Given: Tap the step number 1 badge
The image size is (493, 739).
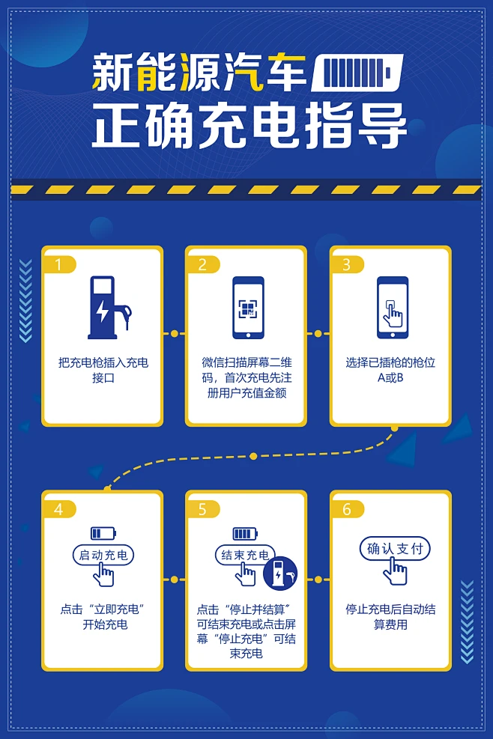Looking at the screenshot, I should [x=60, y=264].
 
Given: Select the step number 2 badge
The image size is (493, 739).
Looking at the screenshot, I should [x=203, y=264].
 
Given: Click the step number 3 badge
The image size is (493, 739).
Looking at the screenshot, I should [x=347, y=264].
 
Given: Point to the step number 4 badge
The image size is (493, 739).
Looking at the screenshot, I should [x=60, y=509].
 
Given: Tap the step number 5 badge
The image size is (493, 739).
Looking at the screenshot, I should [x=203, y=509].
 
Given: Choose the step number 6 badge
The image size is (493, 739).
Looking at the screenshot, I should [x=347, y=509].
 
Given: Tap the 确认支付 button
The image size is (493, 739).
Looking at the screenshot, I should [x=395, y=549].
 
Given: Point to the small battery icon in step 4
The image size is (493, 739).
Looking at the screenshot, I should [x=103, y=533].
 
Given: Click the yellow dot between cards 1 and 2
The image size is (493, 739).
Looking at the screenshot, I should [x=175, y=333].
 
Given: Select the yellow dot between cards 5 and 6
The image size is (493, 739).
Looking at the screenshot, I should [x=318, y=580].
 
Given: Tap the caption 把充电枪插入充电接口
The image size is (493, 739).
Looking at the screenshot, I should [x=103, y=370].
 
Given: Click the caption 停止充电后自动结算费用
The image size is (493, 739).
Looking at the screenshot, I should [x=390, y=616].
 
